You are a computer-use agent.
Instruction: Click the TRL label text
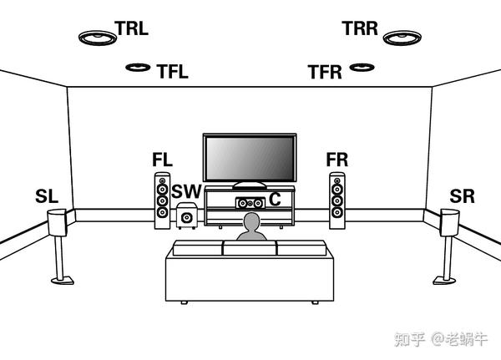point(132,28)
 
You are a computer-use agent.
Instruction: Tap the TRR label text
point(360,28)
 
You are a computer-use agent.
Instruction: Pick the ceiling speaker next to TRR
point(399,37)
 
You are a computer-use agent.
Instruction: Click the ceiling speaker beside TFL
point(137,67)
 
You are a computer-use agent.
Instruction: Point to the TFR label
point(325,73)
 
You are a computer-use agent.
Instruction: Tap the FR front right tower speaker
point(337,200)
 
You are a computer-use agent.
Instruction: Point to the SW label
point(186,192)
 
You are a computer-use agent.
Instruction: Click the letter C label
point(274,200)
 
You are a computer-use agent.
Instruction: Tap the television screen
point(250,157)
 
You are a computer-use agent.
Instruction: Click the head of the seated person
point(250,222)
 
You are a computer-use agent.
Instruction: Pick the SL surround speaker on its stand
point(57,224)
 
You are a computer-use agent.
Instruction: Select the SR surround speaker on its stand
point(449,224)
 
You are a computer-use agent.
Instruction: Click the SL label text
point(47,197)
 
